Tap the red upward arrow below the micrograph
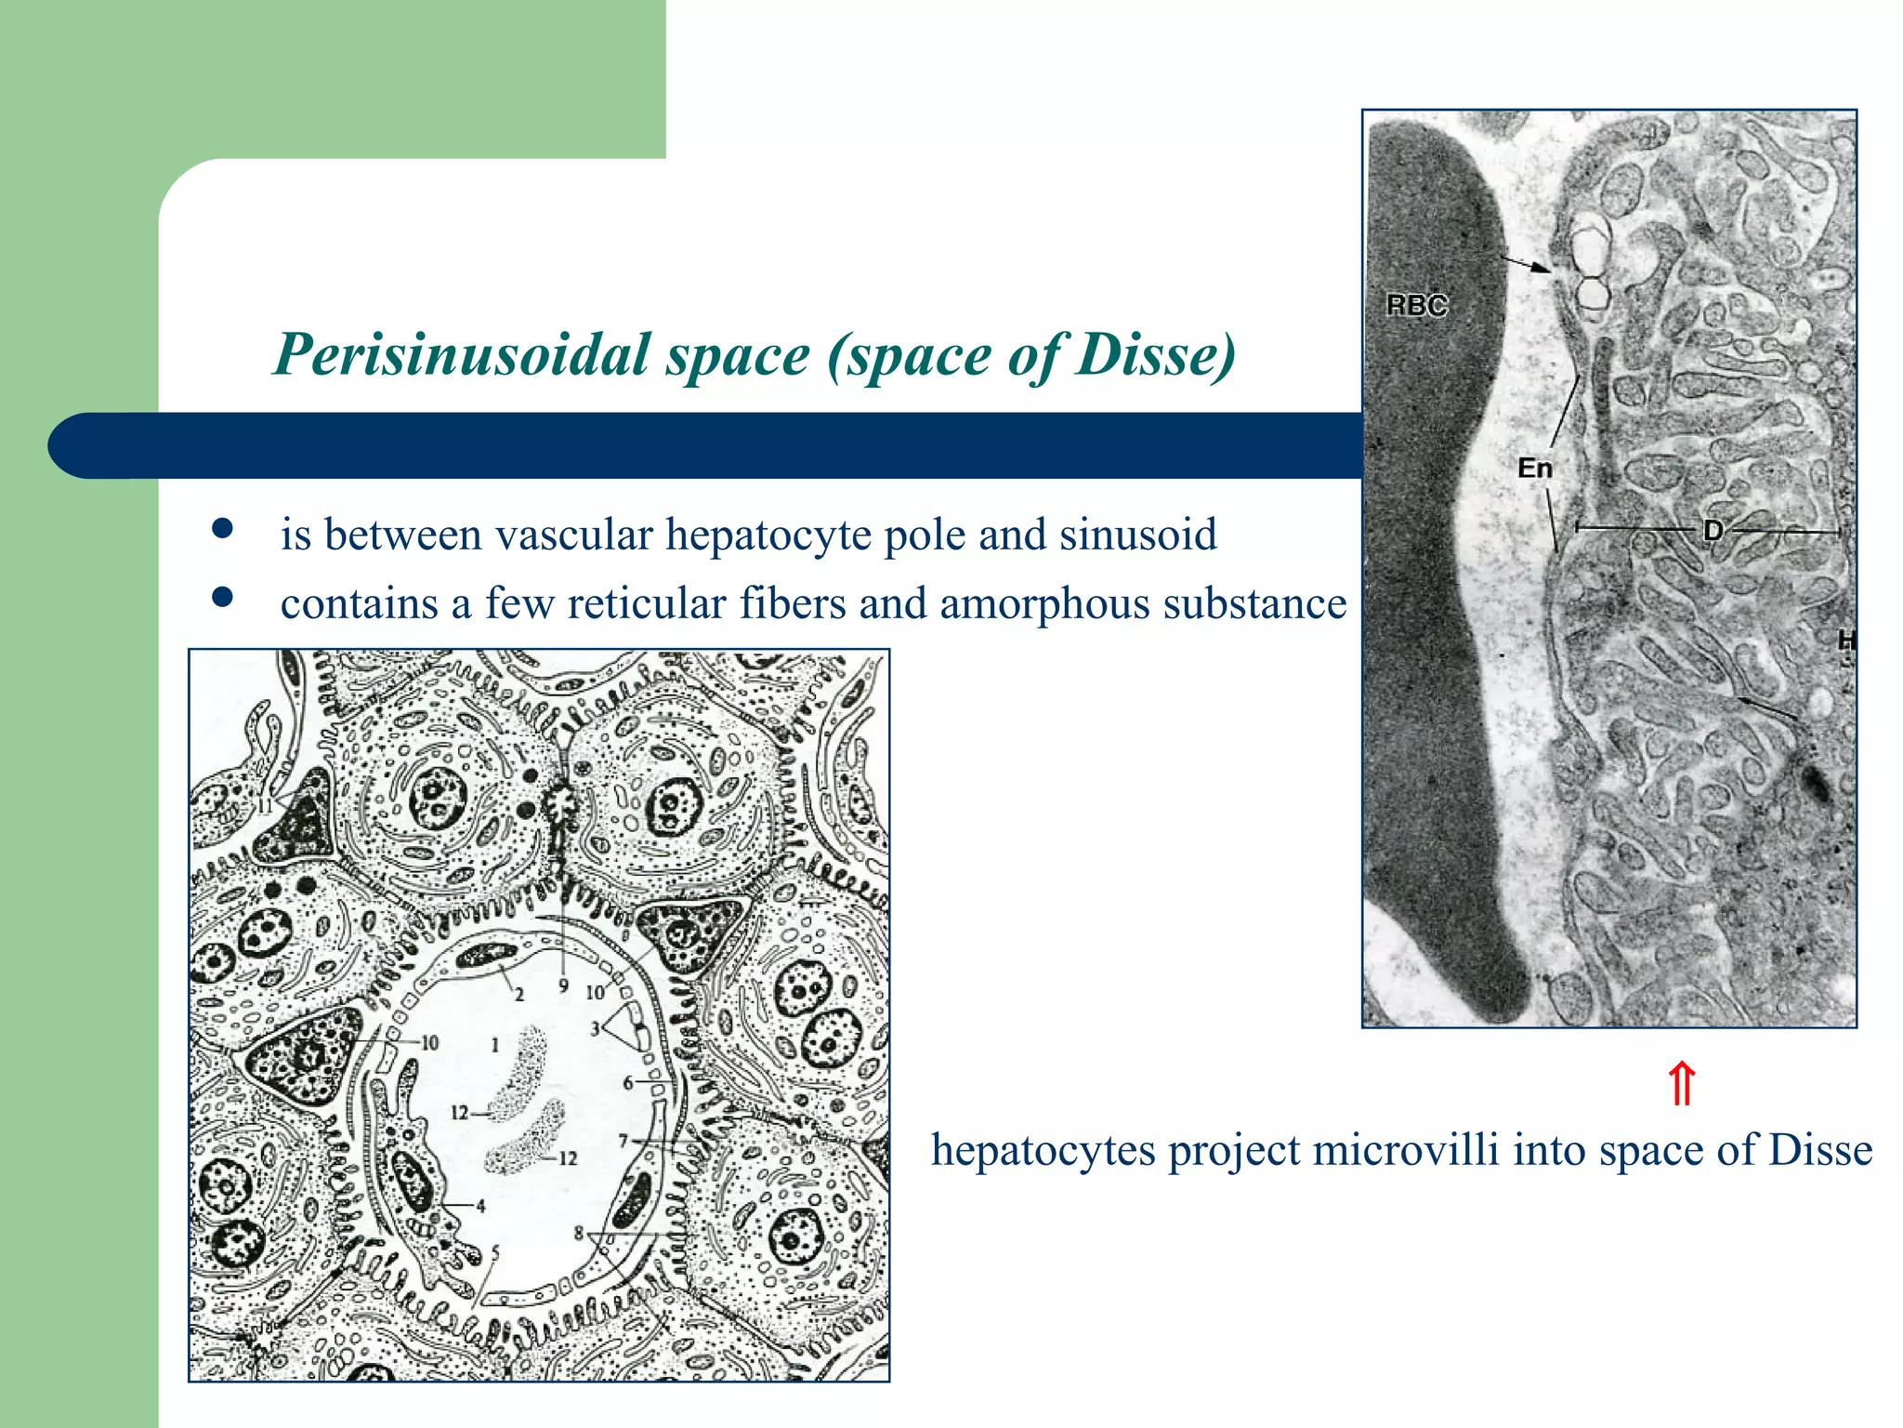[1682, 1084]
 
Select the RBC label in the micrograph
[1416, 306]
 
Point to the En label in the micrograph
[1535, 469]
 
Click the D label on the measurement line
[1713, 531]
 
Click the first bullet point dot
[221, 529]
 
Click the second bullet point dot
[221, 597]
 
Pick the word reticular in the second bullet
[646, 604]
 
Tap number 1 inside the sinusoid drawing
[494, 1045]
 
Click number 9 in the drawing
[563, 985]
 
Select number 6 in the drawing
[628, 1083]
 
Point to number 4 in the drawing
[480, 1207]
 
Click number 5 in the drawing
[495, 1252]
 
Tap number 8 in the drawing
[579, 1234]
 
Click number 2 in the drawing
[519, 995]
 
